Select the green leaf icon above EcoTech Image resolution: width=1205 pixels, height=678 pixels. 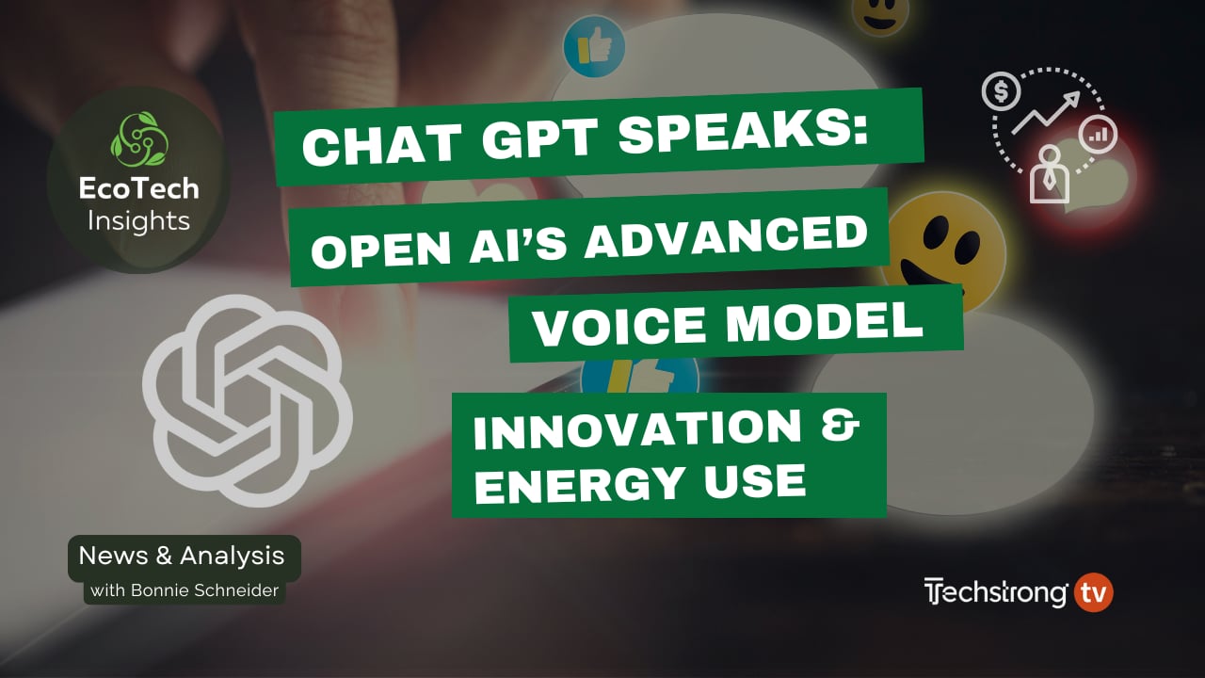pyautogui.click(x=138, y=137)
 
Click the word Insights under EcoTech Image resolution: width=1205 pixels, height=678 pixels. pyautogui.click(x=138, y=221)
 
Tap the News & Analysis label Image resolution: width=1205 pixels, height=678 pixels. pyautogui.click(x=182, y=556)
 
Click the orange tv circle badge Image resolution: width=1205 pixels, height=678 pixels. pyautogui.click(x=1093, y=593)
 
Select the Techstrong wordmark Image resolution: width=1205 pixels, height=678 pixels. pyautogui.click(x=996, y=593)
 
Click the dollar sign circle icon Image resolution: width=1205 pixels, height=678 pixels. pyautogui.click(x=1001, y=91)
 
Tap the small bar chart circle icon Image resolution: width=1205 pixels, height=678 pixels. pyautogui.click(x=1098, y=135)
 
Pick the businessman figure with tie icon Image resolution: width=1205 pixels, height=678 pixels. pyautogui.click(x=1049, y=174)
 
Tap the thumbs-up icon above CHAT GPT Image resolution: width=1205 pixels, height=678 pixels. pyautogui.click(x=594, y=46)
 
